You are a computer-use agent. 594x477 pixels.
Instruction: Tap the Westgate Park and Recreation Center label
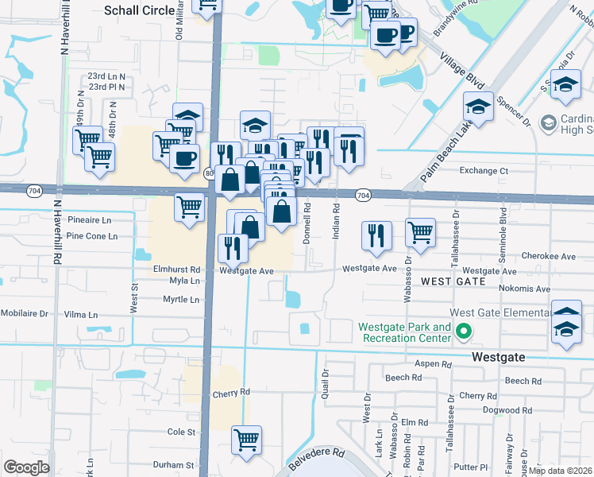pos(404,332)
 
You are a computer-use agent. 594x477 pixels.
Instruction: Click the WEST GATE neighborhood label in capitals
pos(453,281)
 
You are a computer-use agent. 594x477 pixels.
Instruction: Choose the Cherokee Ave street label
pos(549,257)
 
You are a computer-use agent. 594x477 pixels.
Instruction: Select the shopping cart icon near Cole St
pos(247,438)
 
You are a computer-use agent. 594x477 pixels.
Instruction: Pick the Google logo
pos(26,467)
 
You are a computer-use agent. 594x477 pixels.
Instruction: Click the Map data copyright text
pos(561,471)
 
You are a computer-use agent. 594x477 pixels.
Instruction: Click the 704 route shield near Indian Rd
pos(362,196)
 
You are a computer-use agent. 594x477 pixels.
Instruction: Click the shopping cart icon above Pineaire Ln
pos(189,207)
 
